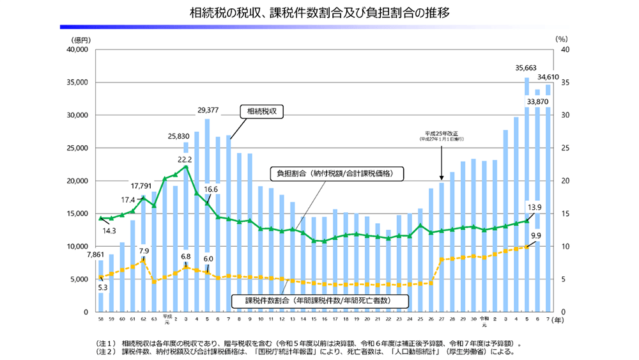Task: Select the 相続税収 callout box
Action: (261, 111)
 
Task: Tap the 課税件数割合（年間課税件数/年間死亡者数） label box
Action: (318, 299)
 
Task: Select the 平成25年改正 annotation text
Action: (442, 133)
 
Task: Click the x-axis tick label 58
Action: (101, 318)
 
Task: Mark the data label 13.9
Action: (535, 207)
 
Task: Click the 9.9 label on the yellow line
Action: (535, 235)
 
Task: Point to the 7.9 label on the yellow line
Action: (144, 251)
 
